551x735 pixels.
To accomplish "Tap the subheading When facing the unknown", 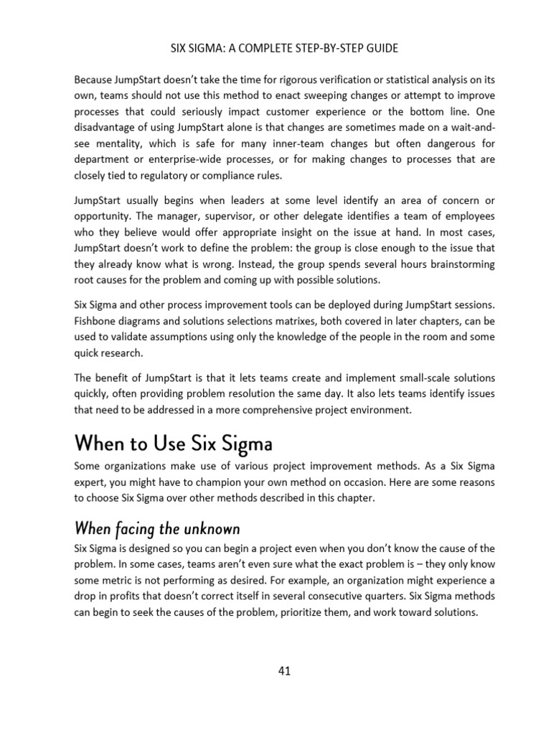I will click(x=157, y=529).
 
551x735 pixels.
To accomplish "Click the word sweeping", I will click(x=293, y=95).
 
